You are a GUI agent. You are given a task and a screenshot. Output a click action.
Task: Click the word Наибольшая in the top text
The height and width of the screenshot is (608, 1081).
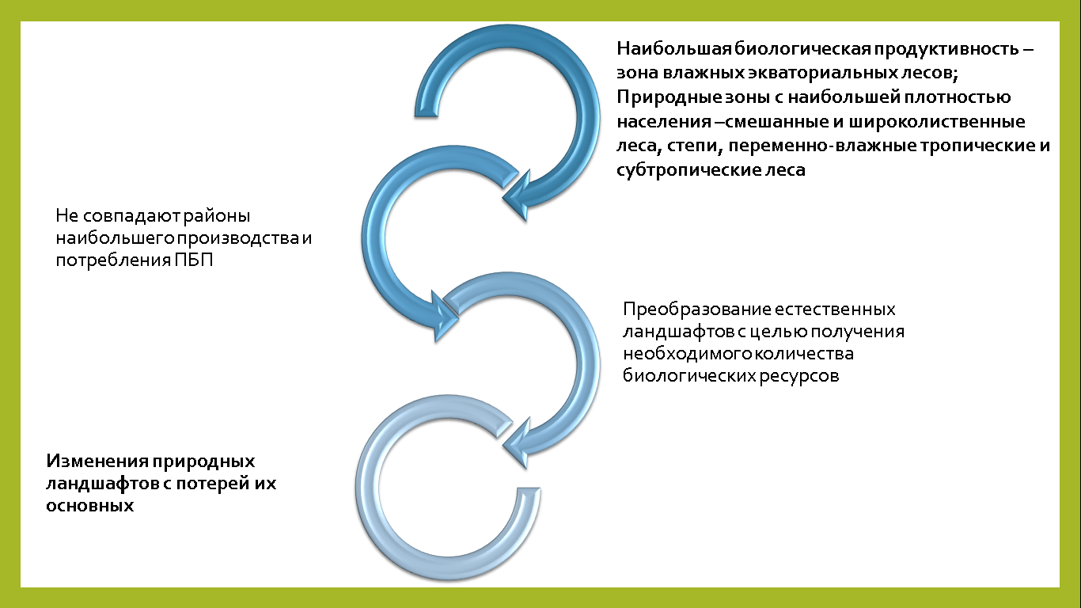[x=675, y=49]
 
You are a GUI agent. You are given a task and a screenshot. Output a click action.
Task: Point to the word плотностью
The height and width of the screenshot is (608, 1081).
[x=958, y=97]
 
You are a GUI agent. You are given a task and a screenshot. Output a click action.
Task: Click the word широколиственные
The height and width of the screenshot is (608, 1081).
[x=937, y=122]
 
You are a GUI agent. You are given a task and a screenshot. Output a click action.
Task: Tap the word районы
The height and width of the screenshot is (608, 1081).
[x=217, y=216]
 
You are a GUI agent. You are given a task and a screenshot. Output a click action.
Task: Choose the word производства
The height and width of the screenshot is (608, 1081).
[x=237, y=238]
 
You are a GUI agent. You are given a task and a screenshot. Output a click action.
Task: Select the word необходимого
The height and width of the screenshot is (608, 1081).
[x=688, y=354]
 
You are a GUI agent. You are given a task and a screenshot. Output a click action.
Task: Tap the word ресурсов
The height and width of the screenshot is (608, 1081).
[x=799, y=376]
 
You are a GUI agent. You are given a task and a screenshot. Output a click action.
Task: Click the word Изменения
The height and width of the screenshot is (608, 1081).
[x=97, y=462]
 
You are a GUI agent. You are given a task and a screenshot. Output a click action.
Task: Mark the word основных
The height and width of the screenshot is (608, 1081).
[x=89, y=506]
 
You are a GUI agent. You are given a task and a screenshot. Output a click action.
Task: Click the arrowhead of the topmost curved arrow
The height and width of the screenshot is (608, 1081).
[x=517, y=196]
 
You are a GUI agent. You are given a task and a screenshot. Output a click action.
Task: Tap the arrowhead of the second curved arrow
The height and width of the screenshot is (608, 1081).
[x=445, y=317]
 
